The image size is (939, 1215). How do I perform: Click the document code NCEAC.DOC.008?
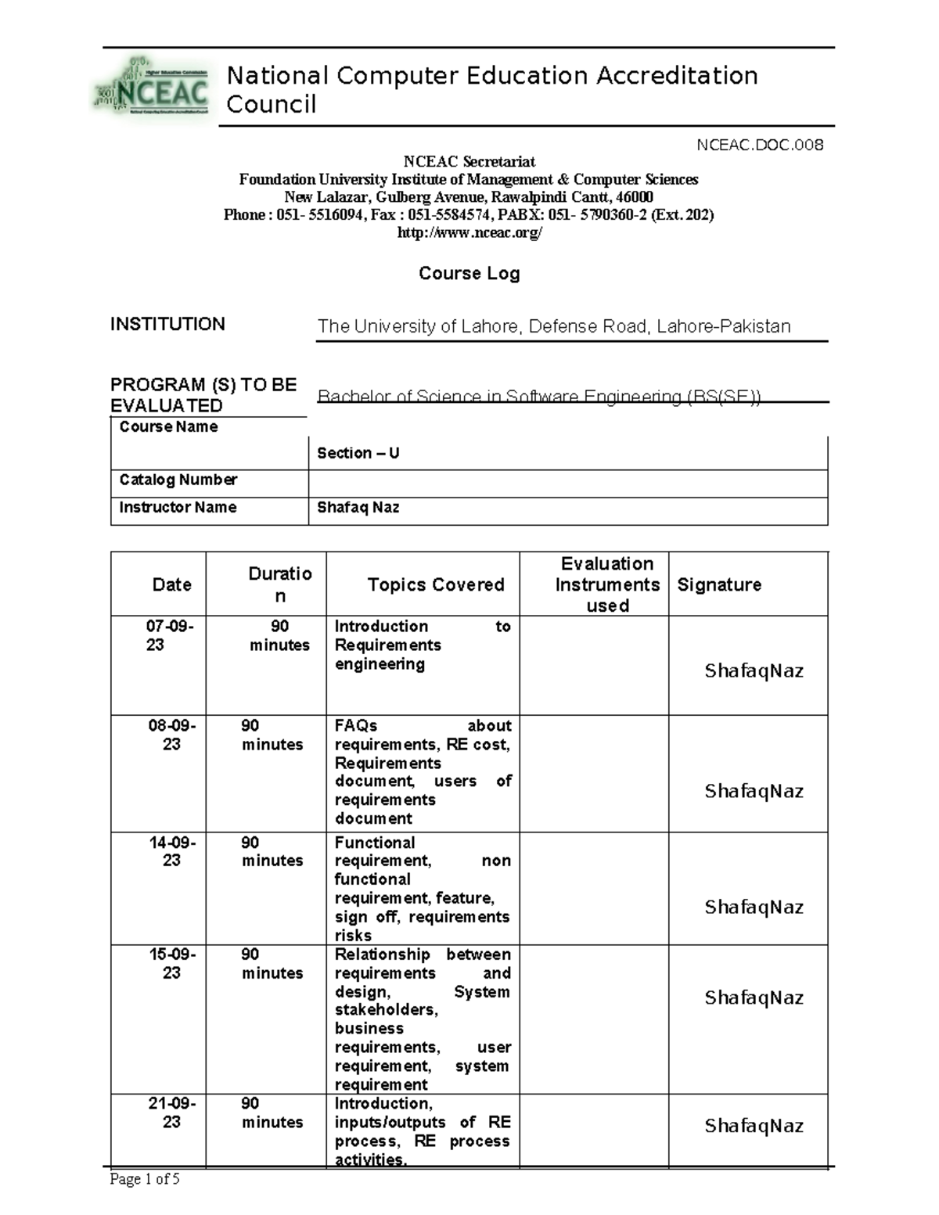[x=760, y=145]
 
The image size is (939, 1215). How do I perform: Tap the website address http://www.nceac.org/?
[x=469, y=233]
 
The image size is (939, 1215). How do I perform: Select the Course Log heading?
[x=469, y=273]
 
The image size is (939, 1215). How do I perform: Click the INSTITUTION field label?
[x=167, y=324]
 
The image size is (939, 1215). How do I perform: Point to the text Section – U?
[x=358, y=453]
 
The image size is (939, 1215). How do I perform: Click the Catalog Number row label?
[x=178, y=480]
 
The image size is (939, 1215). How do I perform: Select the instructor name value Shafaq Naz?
[x=358, y=507]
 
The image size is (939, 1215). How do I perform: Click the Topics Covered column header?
[x=436, y=584]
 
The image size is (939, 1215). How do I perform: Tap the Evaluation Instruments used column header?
[x=607, y=584]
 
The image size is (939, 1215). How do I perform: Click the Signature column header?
[x=718, y=584]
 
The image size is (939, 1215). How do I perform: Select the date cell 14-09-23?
[x=172, y=851]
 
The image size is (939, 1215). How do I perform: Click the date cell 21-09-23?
[x=172, y=1113]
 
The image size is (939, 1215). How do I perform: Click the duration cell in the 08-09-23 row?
[x=272, y=735]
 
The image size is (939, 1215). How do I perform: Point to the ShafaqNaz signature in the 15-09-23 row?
[x=754, y=998]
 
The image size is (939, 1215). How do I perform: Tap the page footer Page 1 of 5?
[x=145, y=1179]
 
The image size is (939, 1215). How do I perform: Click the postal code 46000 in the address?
[x=635, y=197]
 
